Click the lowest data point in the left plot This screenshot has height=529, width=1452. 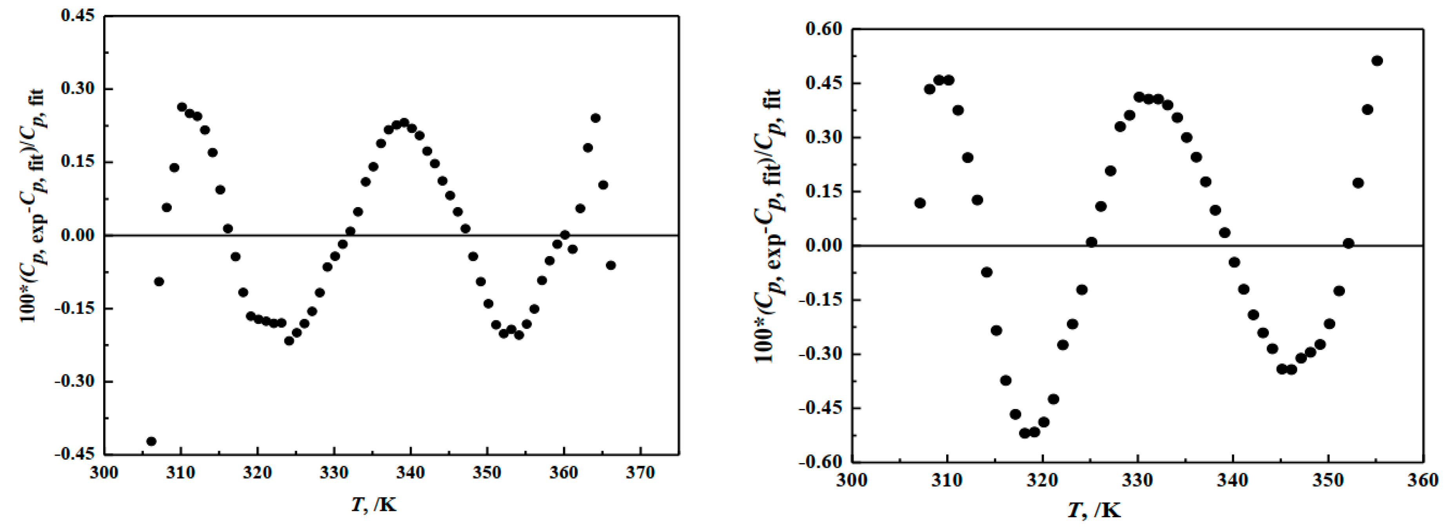click(x=151, y=441)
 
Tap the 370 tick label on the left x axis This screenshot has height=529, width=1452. click(x=640, y=472)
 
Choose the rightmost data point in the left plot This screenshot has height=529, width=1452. click(x=611, y=265)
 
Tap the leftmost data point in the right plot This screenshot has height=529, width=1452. click(x=920, y=203)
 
